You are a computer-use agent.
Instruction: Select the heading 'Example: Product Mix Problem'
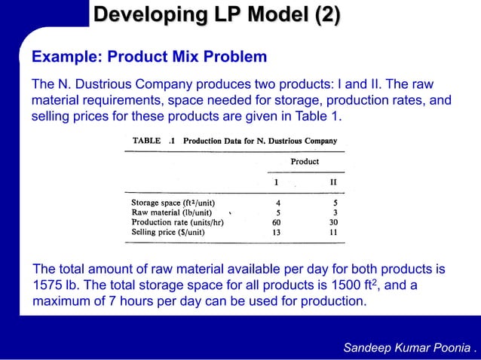149,57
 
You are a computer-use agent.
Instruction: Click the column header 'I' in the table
275,182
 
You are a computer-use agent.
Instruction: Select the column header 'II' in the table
332,182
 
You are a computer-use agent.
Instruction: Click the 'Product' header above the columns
305,161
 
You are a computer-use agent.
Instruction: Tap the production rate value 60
277,222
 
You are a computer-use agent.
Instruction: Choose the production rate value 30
333,222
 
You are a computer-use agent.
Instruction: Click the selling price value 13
277,232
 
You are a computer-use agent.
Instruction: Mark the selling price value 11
333,232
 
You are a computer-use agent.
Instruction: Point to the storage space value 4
278,203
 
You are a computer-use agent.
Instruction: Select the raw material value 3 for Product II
335,212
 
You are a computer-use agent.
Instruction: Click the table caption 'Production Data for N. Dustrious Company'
260,141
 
